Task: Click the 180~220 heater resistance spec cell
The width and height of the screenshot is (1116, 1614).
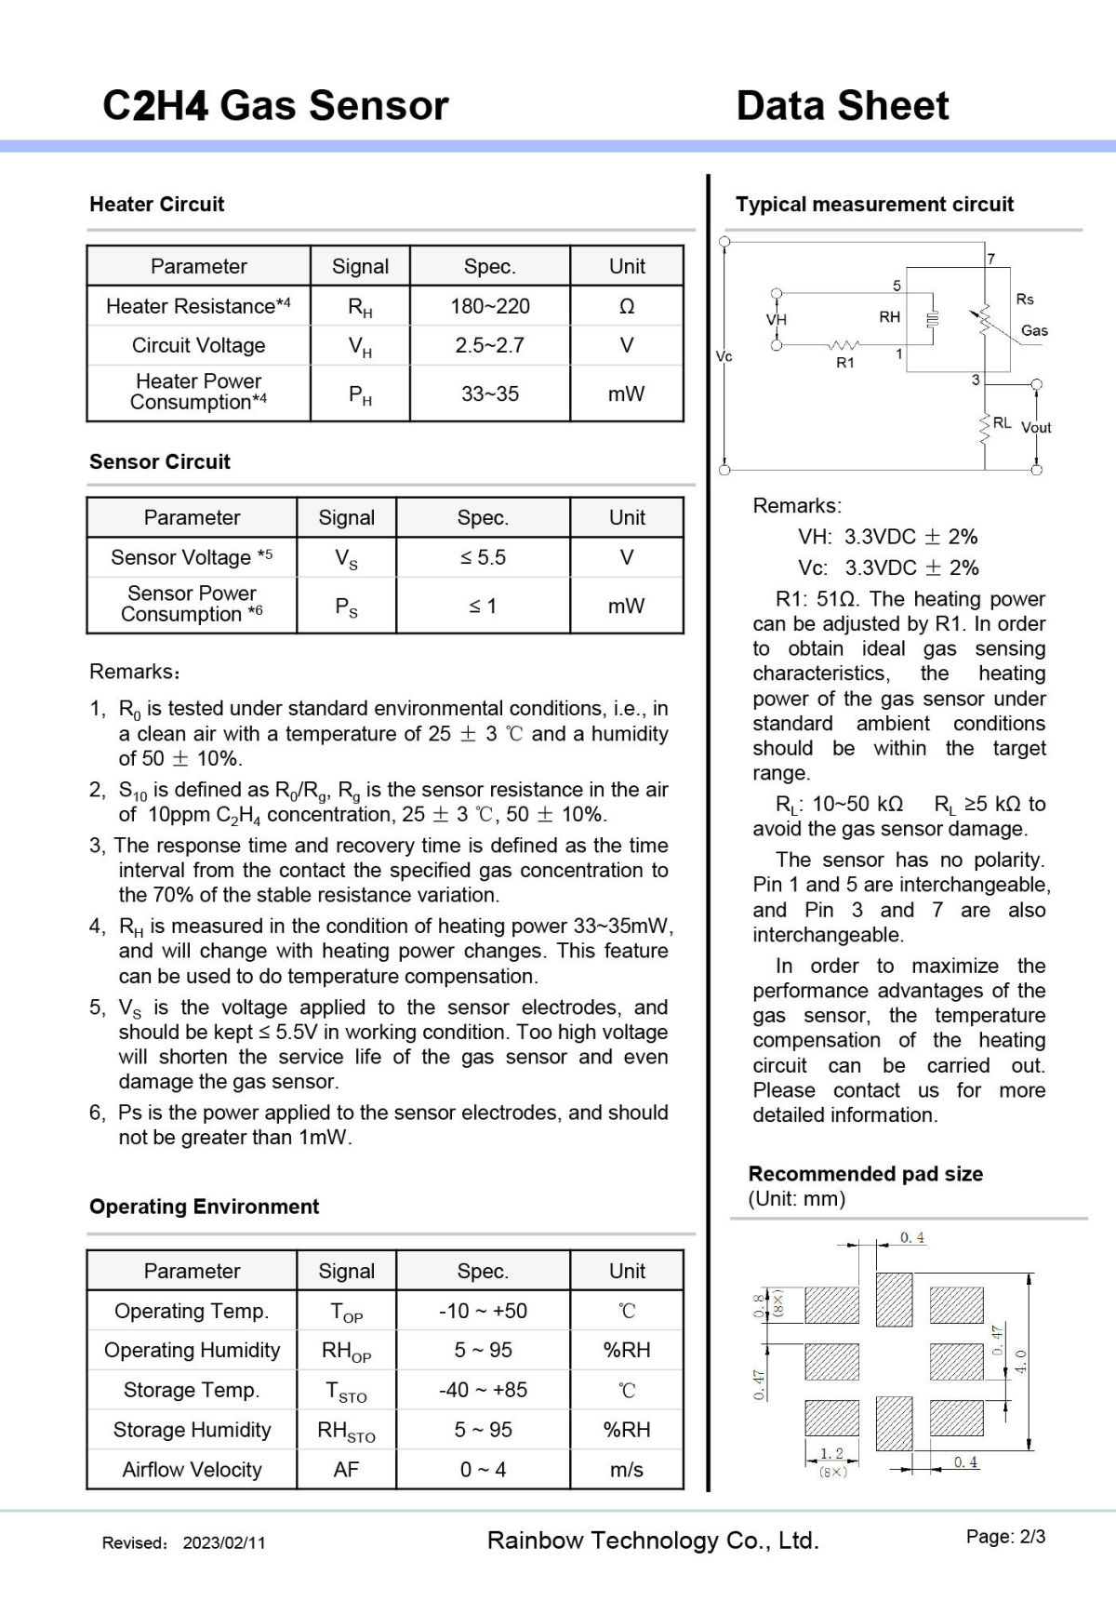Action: click(490, 306)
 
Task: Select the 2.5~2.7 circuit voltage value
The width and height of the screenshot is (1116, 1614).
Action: click(490, 345)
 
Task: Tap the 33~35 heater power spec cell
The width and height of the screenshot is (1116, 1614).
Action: click(490, 393)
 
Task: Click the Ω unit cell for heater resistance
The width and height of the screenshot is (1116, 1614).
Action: click(627, 306)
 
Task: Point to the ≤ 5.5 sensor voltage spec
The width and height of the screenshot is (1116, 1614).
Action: click(483, 557)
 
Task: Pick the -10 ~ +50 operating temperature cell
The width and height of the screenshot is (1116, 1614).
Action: click(483, 1311)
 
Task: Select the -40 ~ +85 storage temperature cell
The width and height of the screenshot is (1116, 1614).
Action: click(483, 1390)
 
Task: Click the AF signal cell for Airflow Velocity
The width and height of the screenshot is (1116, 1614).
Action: click(346, 1470)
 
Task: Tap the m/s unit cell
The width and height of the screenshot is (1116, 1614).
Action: click(627, 1470)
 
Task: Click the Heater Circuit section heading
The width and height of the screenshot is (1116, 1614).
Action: click(157, 205)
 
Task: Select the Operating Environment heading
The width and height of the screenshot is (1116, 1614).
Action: click(204, 1207)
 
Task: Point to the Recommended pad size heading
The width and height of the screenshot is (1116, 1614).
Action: click(865, 1174)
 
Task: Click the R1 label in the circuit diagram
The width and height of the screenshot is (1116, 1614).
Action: click(844, 363)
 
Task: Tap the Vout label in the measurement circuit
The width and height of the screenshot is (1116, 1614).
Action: click(1036, 428)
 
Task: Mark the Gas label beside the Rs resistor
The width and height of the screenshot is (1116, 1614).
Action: click(1034, 330)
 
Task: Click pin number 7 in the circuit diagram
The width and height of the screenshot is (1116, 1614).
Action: click(991, 260)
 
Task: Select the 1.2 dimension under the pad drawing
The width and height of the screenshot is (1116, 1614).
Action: click(831, 1453)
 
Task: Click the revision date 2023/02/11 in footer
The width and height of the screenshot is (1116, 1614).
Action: click(224, 1542)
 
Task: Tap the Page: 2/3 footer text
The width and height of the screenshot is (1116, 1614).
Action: click(1005, 1537)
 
